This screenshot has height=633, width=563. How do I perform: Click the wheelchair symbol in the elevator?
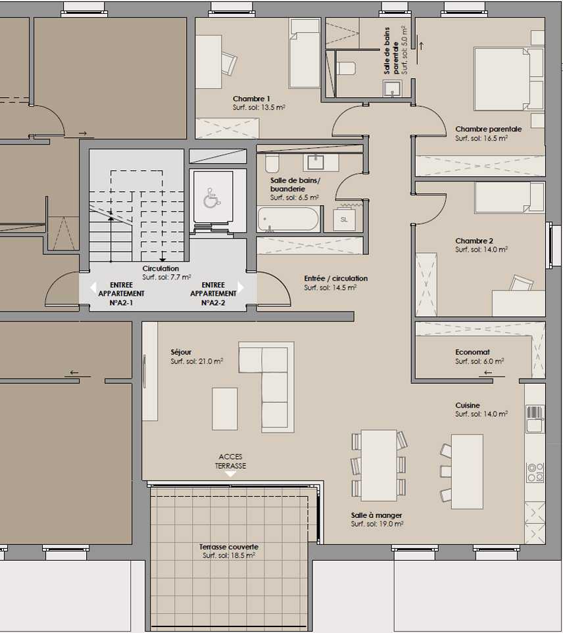[211, 198]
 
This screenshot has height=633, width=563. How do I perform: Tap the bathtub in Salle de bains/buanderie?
[288, 219]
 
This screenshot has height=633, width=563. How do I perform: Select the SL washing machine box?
[344, 219]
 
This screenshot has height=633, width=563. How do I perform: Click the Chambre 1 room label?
[251, 99]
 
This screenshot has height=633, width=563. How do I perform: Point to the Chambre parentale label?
[488, 129]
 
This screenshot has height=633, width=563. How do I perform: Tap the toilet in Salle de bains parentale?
[346, 68]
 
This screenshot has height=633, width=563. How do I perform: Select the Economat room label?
[472, 352]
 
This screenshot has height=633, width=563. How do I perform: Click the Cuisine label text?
[468, 406]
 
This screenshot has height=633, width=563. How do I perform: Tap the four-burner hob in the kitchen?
[535, 473]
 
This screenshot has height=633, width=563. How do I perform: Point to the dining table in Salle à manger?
[379, 465]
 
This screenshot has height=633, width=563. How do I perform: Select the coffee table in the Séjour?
[225, 409]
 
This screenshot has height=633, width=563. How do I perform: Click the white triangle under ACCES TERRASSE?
[230, 475]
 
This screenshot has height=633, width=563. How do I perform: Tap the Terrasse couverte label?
[229, 547]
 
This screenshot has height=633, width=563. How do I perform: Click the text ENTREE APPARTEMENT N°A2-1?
[121, 294]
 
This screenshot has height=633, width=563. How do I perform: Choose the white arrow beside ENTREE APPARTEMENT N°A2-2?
[241, 287]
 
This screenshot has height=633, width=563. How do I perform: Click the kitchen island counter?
[467, 471]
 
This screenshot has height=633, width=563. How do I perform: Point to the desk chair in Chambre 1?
[229, 63]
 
